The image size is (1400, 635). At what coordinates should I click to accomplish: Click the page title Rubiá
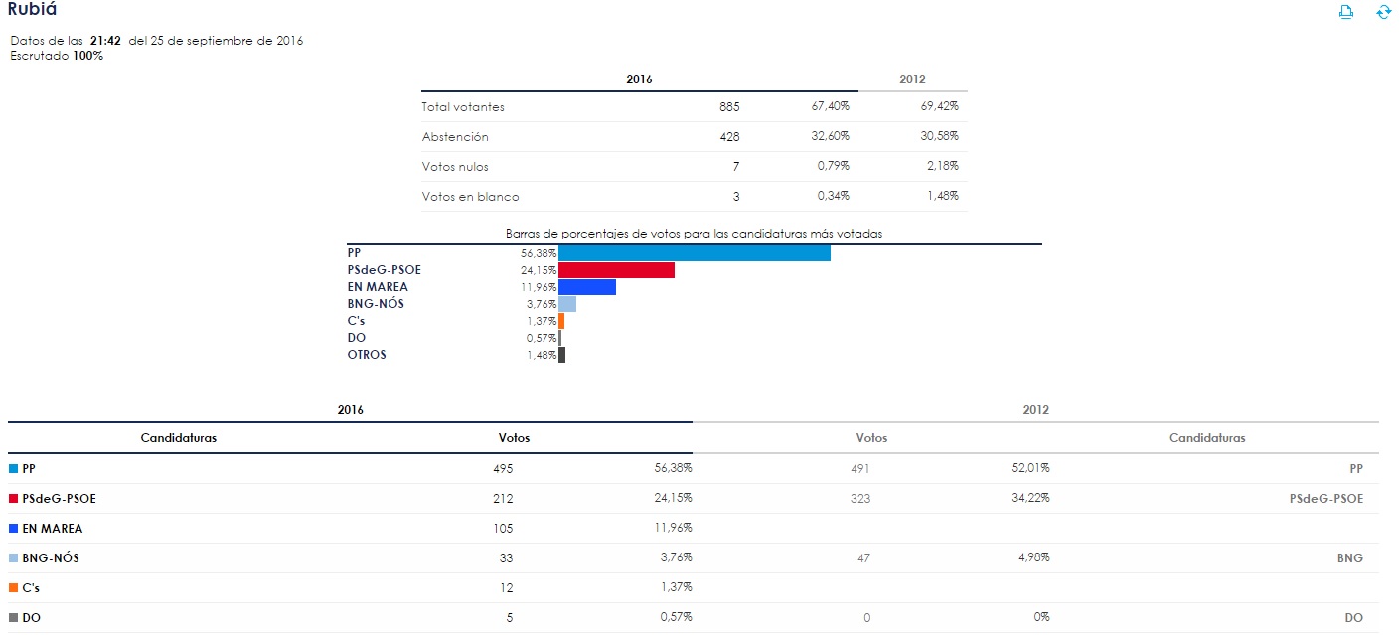32,10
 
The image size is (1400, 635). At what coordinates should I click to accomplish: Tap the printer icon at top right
1347,12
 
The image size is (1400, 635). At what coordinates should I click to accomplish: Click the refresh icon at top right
1383,12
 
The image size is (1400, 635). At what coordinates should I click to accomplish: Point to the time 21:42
105,41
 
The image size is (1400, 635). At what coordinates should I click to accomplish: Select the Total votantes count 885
729,106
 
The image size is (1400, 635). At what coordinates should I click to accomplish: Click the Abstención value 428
729,136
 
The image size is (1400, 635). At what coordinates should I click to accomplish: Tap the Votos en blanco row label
470,197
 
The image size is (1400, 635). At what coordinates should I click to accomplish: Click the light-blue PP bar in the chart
694,253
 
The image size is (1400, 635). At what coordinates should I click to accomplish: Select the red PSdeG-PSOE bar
616,270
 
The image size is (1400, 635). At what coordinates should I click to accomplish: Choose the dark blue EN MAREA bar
587,287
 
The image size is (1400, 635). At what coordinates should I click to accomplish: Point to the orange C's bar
561,321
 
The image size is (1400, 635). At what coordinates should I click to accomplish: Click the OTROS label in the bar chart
367,355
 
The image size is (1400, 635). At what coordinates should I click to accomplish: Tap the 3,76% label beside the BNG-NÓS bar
542,304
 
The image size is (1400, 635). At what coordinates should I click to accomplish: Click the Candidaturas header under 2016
179,438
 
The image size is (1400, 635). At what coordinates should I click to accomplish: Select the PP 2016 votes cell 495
503,468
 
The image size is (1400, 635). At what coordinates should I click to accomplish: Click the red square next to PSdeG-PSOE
14,499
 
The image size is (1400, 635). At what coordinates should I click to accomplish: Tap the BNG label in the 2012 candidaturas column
1349,557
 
